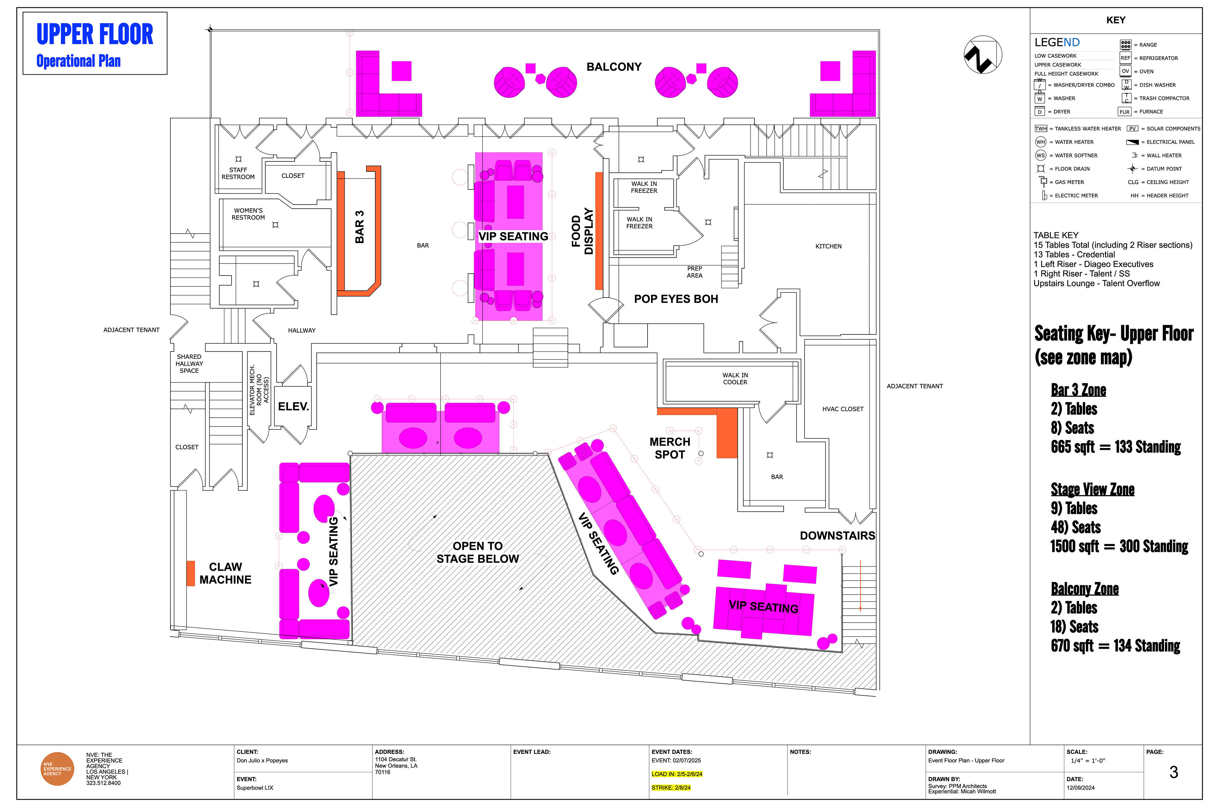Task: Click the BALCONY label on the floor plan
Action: click(x=614, y=67)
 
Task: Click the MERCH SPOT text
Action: click(x=670, y=448)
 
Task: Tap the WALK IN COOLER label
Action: click(x=735, y=379)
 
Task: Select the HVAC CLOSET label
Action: click(x=843, y=409)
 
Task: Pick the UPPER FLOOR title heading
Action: click(x=95, y=34)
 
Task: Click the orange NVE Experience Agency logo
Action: click(x=57, y=769)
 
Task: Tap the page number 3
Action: click(x=1173, y=772)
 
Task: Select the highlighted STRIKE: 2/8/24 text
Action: click(x=671, y=787)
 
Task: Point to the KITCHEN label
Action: click(x=828, y=247)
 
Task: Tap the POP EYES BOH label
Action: click(x=676, y=299)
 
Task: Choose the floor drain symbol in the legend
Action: click(x=1041, y=169)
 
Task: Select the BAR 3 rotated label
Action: click(x=360, y=227)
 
